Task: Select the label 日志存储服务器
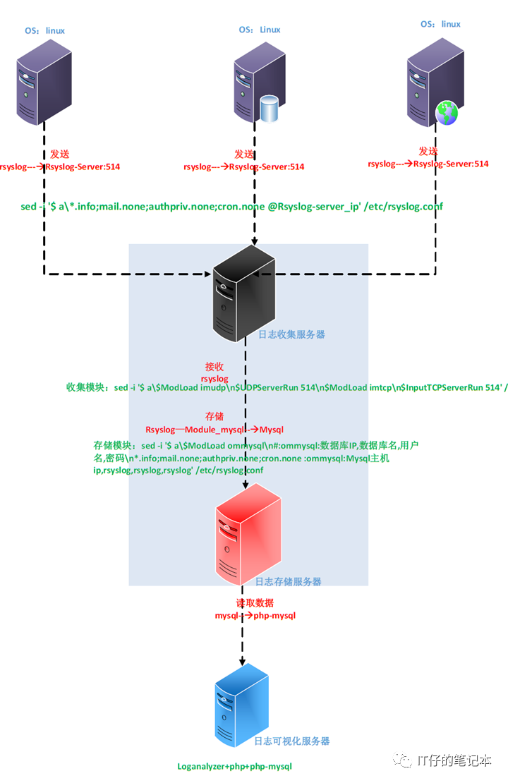(288, 582)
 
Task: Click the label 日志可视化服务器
(292, 741)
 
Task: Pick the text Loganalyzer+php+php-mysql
(234, 766)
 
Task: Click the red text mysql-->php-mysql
(255, 616)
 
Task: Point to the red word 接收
(214, 367)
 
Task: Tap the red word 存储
(214, 417)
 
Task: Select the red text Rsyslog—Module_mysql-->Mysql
(214, 429)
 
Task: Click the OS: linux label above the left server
(45, 30)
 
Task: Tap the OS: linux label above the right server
(440, 24)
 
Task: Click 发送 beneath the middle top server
(244, 154)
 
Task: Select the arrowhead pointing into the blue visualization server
(243, 662)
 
